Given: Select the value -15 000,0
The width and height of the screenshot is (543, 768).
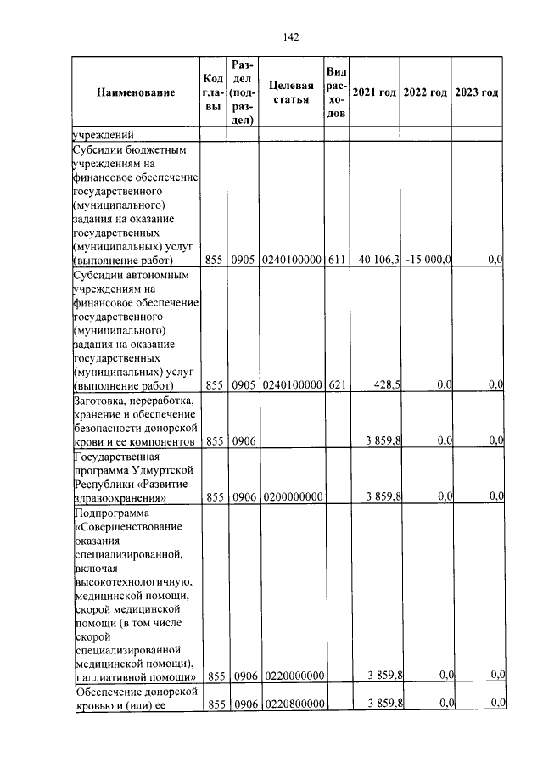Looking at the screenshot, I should click(x=428, y=260).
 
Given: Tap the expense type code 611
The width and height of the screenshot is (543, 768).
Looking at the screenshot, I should click(x=337, y=260).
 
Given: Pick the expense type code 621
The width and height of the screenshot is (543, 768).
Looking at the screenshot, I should click(x=337, y=384).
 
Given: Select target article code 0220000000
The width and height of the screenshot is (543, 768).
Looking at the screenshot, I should click(x=293, y=676).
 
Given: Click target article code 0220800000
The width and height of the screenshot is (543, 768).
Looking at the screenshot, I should click(x=293, y=704).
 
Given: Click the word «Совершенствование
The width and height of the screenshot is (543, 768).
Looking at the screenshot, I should click(x=127, y=528).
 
